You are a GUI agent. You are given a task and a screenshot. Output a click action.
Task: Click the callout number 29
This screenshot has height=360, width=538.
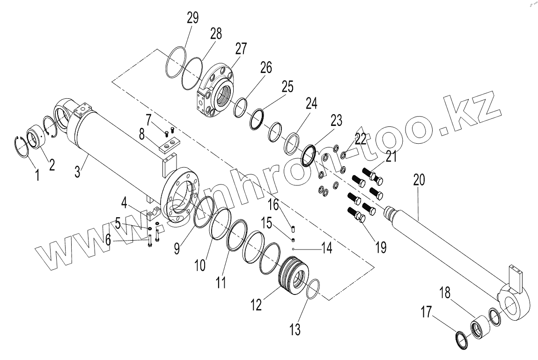[x=192, y=18]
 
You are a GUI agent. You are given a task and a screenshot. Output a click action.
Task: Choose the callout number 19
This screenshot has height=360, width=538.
[x=381, y=247]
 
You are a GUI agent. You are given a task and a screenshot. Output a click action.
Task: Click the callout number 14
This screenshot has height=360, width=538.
[x=326, y=248]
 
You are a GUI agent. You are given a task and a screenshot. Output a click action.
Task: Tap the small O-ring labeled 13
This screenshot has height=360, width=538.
[x=312, y=287]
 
